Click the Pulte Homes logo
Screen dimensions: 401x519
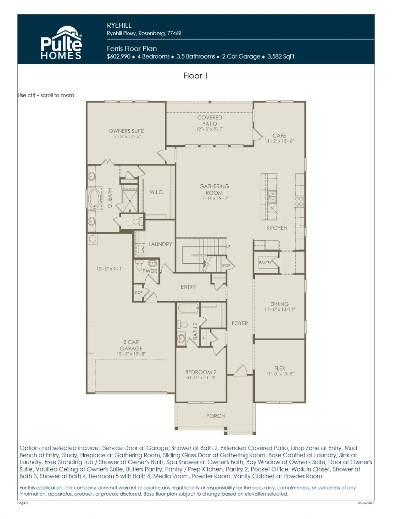tap(61, 42)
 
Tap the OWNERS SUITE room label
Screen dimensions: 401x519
tap(126, 131)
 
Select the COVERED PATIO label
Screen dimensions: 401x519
tap(209, 120)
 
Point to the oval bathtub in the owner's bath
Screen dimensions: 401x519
tap(95, 198)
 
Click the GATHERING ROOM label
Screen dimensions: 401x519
tap(214, 189)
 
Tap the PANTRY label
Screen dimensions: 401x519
tap(265, 262)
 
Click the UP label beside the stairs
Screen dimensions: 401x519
tap(228, 247)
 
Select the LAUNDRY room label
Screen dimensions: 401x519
tap(160, 244)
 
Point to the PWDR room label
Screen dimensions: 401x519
tap(150, 271)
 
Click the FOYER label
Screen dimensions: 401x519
tap(240, 323)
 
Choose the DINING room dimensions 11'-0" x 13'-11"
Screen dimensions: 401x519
tap(279, 309)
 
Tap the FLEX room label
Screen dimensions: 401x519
tap(279, 369)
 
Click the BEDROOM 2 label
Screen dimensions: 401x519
tap(201, 372)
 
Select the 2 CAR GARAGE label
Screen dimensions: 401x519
tap(131, 345)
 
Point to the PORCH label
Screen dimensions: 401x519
tap(215, 416)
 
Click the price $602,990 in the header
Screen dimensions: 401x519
tap(119, 57)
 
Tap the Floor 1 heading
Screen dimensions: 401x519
tap(196, 76)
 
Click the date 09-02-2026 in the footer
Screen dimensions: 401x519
tap(366, 503)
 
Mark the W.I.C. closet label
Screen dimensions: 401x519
tap(157, 192)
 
